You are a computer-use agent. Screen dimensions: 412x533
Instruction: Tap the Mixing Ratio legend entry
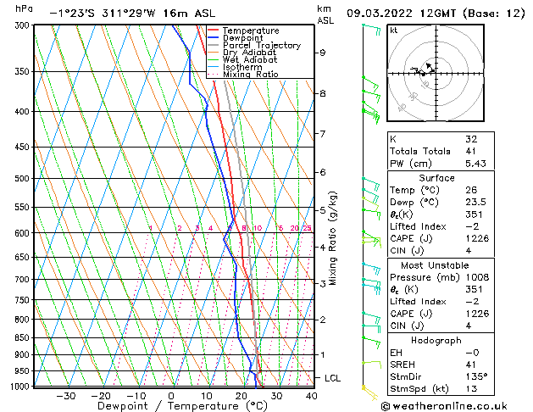coord(251,75)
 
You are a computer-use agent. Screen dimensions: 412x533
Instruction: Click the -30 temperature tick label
coord(65,396)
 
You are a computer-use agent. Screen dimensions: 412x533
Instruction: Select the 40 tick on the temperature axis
coord(312,396)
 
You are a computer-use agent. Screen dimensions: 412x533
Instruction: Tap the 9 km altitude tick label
coord(322,53)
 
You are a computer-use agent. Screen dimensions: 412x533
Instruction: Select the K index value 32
coord(471,139)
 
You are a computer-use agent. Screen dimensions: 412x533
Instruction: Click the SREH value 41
coord(471,363)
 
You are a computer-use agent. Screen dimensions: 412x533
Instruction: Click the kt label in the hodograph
coord(394,30)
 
